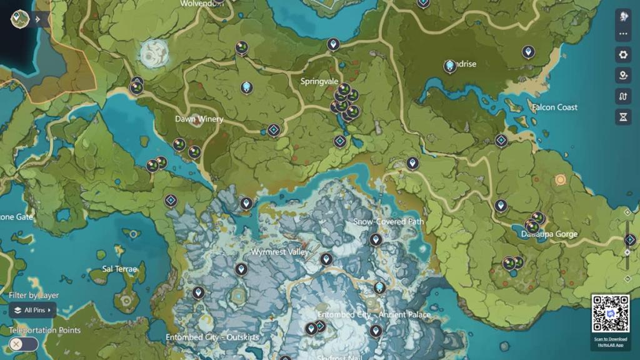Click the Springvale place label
tap(319, 81)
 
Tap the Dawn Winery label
tap(199, 119)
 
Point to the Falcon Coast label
tap(554, 107)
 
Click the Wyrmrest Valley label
tap(279, 252)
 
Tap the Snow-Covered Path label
tap(388, 222)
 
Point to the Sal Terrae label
tap(119, 269)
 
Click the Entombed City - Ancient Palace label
tap(374, 314)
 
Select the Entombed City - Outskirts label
tap(212, 337)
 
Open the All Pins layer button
tap(32, 310)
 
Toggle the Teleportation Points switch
tap(24, 344)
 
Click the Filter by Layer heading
tap(34, 296)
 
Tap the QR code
tap(610, 314)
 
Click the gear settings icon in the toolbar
tap(623, 55)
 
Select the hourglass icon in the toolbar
tap(623, 117)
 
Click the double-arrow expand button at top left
tap(38, 19)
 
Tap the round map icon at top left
tap(20, 19)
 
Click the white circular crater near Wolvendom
tap(154, 54)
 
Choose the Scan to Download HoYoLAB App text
tap(610, 342)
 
